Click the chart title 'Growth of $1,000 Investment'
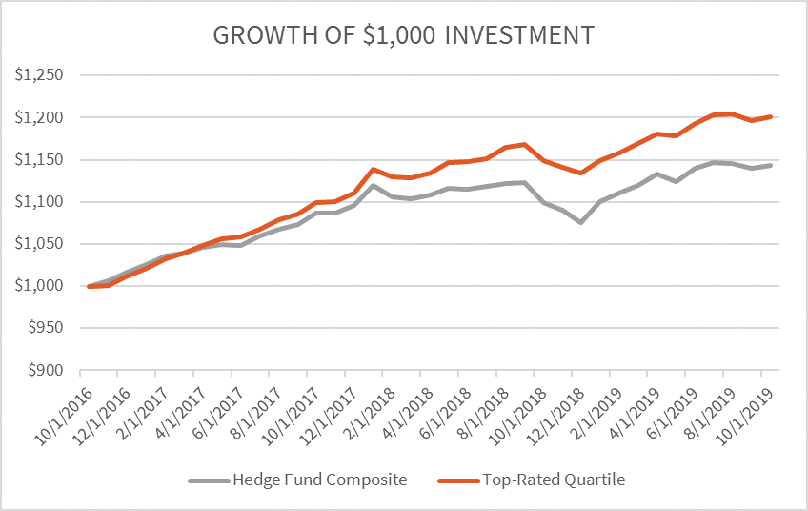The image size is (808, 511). [404, 35]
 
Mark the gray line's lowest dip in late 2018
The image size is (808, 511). [581, 222]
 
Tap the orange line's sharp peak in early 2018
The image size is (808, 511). [374, 169]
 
